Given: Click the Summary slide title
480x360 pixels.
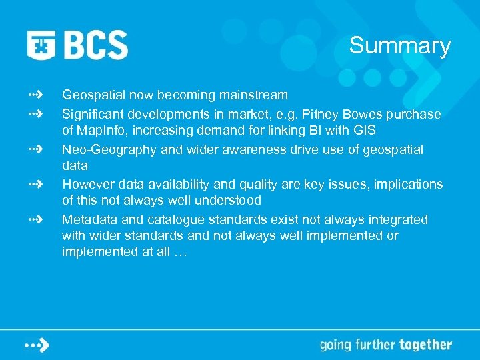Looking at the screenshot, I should click(x=400, y=46).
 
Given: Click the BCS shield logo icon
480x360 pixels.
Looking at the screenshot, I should click(x=41, y=45).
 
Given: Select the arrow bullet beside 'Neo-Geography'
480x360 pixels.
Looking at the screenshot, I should click(x=35, y=148).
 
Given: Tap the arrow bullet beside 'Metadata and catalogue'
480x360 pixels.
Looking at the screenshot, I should click(x=35, y=218).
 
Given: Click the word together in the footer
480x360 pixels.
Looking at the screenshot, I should click(x=425, y=345).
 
